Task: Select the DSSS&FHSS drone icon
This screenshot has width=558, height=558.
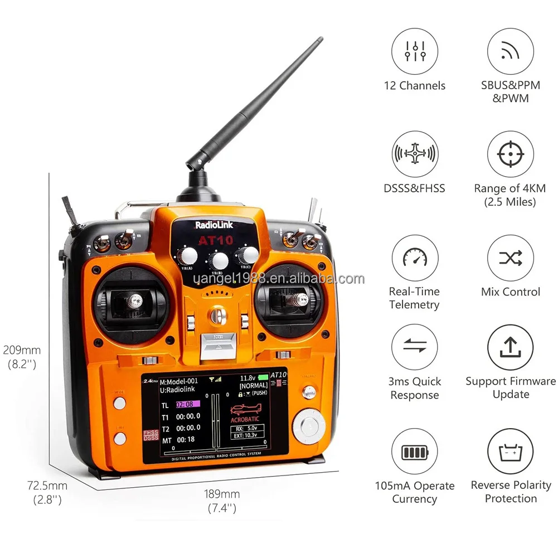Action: coord(414,154)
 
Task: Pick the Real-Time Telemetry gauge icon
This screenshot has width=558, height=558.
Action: coord(414,258)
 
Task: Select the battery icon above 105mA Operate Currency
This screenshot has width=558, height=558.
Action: coord(414,452)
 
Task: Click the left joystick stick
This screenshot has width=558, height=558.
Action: coord(134,302)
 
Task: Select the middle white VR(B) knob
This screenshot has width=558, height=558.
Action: coord(220,260)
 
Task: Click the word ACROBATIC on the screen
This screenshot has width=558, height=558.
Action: coord(246,419)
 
